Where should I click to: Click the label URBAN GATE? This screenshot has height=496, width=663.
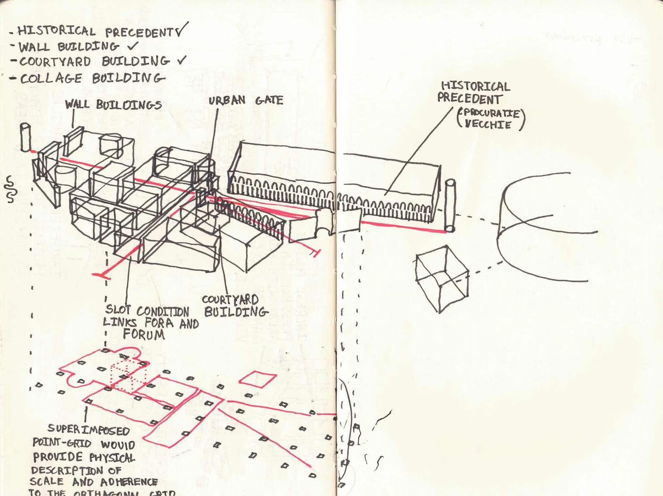pyautogui.click(x=246, y=100)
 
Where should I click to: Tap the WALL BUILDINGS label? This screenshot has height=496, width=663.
pyautogui.click(x=113, y=105)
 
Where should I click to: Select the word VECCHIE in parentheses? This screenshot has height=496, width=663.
pyautogui.click(x=488, y=124)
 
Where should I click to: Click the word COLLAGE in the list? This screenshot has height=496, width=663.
pyautogui.click(x=51, y=79)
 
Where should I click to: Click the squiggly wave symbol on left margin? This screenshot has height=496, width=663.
pyautogui.click(x=10, y=189)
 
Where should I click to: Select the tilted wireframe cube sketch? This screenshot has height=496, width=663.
pyautogui.click(x=442, y=279)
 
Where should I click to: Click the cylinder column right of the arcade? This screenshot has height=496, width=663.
pyautogui.click(x=450, y=206)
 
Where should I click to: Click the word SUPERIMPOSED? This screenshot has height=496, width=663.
pyautogui.click(x=89, y=430)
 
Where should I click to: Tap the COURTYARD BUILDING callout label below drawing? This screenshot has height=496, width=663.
pyautogui.click(x=234, y=306)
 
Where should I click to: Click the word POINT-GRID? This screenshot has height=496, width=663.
pyautogui.click(x=62, y=443)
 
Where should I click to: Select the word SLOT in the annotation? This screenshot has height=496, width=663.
pyautogui.click(x=118, y=309)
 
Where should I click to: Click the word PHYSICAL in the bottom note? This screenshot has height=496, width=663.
pyautogui.click(x=111, y=457)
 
